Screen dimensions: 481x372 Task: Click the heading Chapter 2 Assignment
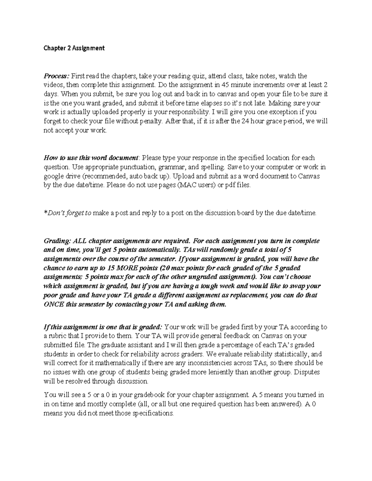(x=74, y=48)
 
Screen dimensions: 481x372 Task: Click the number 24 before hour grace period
(x=246, y=121)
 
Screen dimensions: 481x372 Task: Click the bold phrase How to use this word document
(x=91, y=158)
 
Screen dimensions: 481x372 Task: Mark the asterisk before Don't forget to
(x=46, y=213)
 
